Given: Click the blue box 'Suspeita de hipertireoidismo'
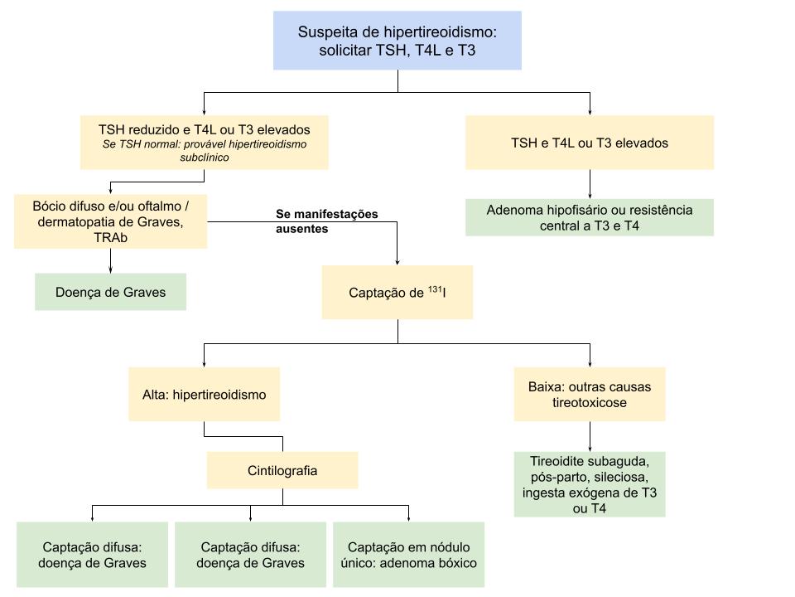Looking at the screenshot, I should click(x=397, y=41).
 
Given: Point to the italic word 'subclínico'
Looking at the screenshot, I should click(x=204, y=156).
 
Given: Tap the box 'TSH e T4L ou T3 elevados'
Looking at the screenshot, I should click(x=589, y=143).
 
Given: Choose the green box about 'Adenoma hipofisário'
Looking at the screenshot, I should click(x=589, y=217).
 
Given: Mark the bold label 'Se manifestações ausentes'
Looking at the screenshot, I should click(x=326, y=221).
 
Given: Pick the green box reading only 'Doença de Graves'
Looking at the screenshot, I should click(x=110, y=292).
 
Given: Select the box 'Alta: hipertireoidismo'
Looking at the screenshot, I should click(x=204, y=395).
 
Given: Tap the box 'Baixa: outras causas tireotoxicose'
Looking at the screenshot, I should click(x=589, y=395).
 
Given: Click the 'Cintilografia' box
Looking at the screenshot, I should click(x=282, y=470).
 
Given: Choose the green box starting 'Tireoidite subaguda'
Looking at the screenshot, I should click(x=589, y=484).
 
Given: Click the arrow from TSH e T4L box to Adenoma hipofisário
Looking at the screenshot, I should click(x=589, y=184).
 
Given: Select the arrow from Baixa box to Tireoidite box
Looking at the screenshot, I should click(x=589, y=436).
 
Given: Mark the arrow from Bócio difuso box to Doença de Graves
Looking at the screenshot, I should click(x=110, y=261).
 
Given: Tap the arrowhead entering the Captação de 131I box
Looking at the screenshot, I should click(x=397, y=260).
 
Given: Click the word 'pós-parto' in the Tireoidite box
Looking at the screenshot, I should click(x=552, y=478).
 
